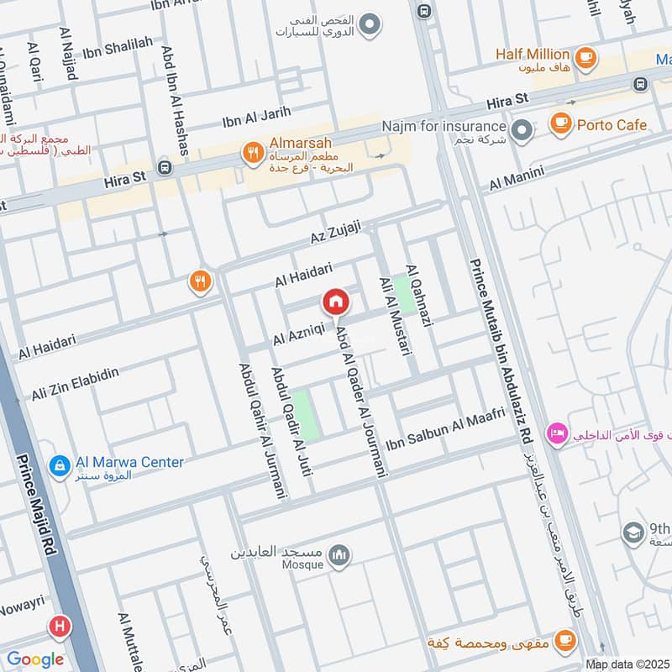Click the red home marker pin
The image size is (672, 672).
pyautogui.click(x=335, y=302)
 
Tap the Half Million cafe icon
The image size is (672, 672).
pyautogui.click(x=586, y=57)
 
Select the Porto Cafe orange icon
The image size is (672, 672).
pyautogui.click(x=560, y=123)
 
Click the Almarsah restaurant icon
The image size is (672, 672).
pyautogui.click(x=251, y=153)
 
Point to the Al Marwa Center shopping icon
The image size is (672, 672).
pyautogui.click(x=60, y=465)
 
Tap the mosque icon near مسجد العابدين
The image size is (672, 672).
pyautogui.click(x=339, y=554)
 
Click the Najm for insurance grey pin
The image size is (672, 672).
pyautogui.click(x=522, y=130)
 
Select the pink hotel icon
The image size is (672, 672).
pyautogui.click(x=556, y=434)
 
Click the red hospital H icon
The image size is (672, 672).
pyautogui.click(x=59, y=626)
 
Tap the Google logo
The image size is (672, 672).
pyautogui.click(x=35, y=659)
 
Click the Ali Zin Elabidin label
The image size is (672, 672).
pyautogui.click(x=76, y=382)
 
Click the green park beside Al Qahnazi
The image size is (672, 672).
pyautogui.click(x=407, y=294)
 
